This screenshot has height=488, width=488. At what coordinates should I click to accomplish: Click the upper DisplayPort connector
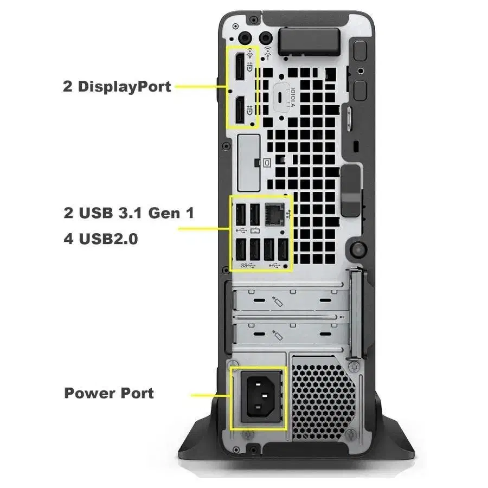click(240, 66)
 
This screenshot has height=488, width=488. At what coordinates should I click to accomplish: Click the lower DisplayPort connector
click(240, 110)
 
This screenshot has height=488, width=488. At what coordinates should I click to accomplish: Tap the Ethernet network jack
click(274, 214)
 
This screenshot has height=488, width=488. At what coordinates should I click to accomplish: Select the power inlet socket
click(261, 397)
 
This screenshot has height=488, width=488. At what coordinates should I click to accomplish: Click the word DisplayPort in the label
click(124, 86)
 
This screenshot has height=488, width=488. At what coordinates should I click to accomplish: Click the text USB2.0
click(108, 239)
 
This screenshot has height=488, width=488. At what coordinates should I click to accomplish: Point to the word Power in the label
click(89, 393)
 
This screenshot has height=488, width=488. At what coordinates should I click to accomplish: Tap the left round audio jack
click(245, 38)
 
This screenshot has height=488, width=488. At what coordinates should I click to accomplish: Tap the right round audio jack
click(266, 38)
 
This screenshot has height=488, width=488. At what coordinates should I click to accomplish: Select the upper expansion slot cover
click(292, 300)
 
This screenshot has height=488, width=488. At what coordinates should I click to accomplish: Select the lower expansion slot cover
click(292, 334)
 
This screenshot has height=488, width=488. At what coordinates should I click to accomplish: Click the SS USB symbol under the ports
click(248, 266)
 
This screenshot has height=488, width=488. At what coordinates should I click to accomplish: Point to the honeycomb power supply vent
click(324, 401)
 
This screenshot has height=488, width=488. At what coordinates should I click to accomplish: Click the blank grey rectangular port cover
click(249, 163)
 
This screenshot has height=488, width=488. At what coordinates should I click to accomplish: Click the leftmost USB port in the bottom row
click(241, 249)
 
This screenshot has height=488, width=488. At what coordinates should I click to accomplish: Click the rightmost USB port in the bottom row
click(283, 249)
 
